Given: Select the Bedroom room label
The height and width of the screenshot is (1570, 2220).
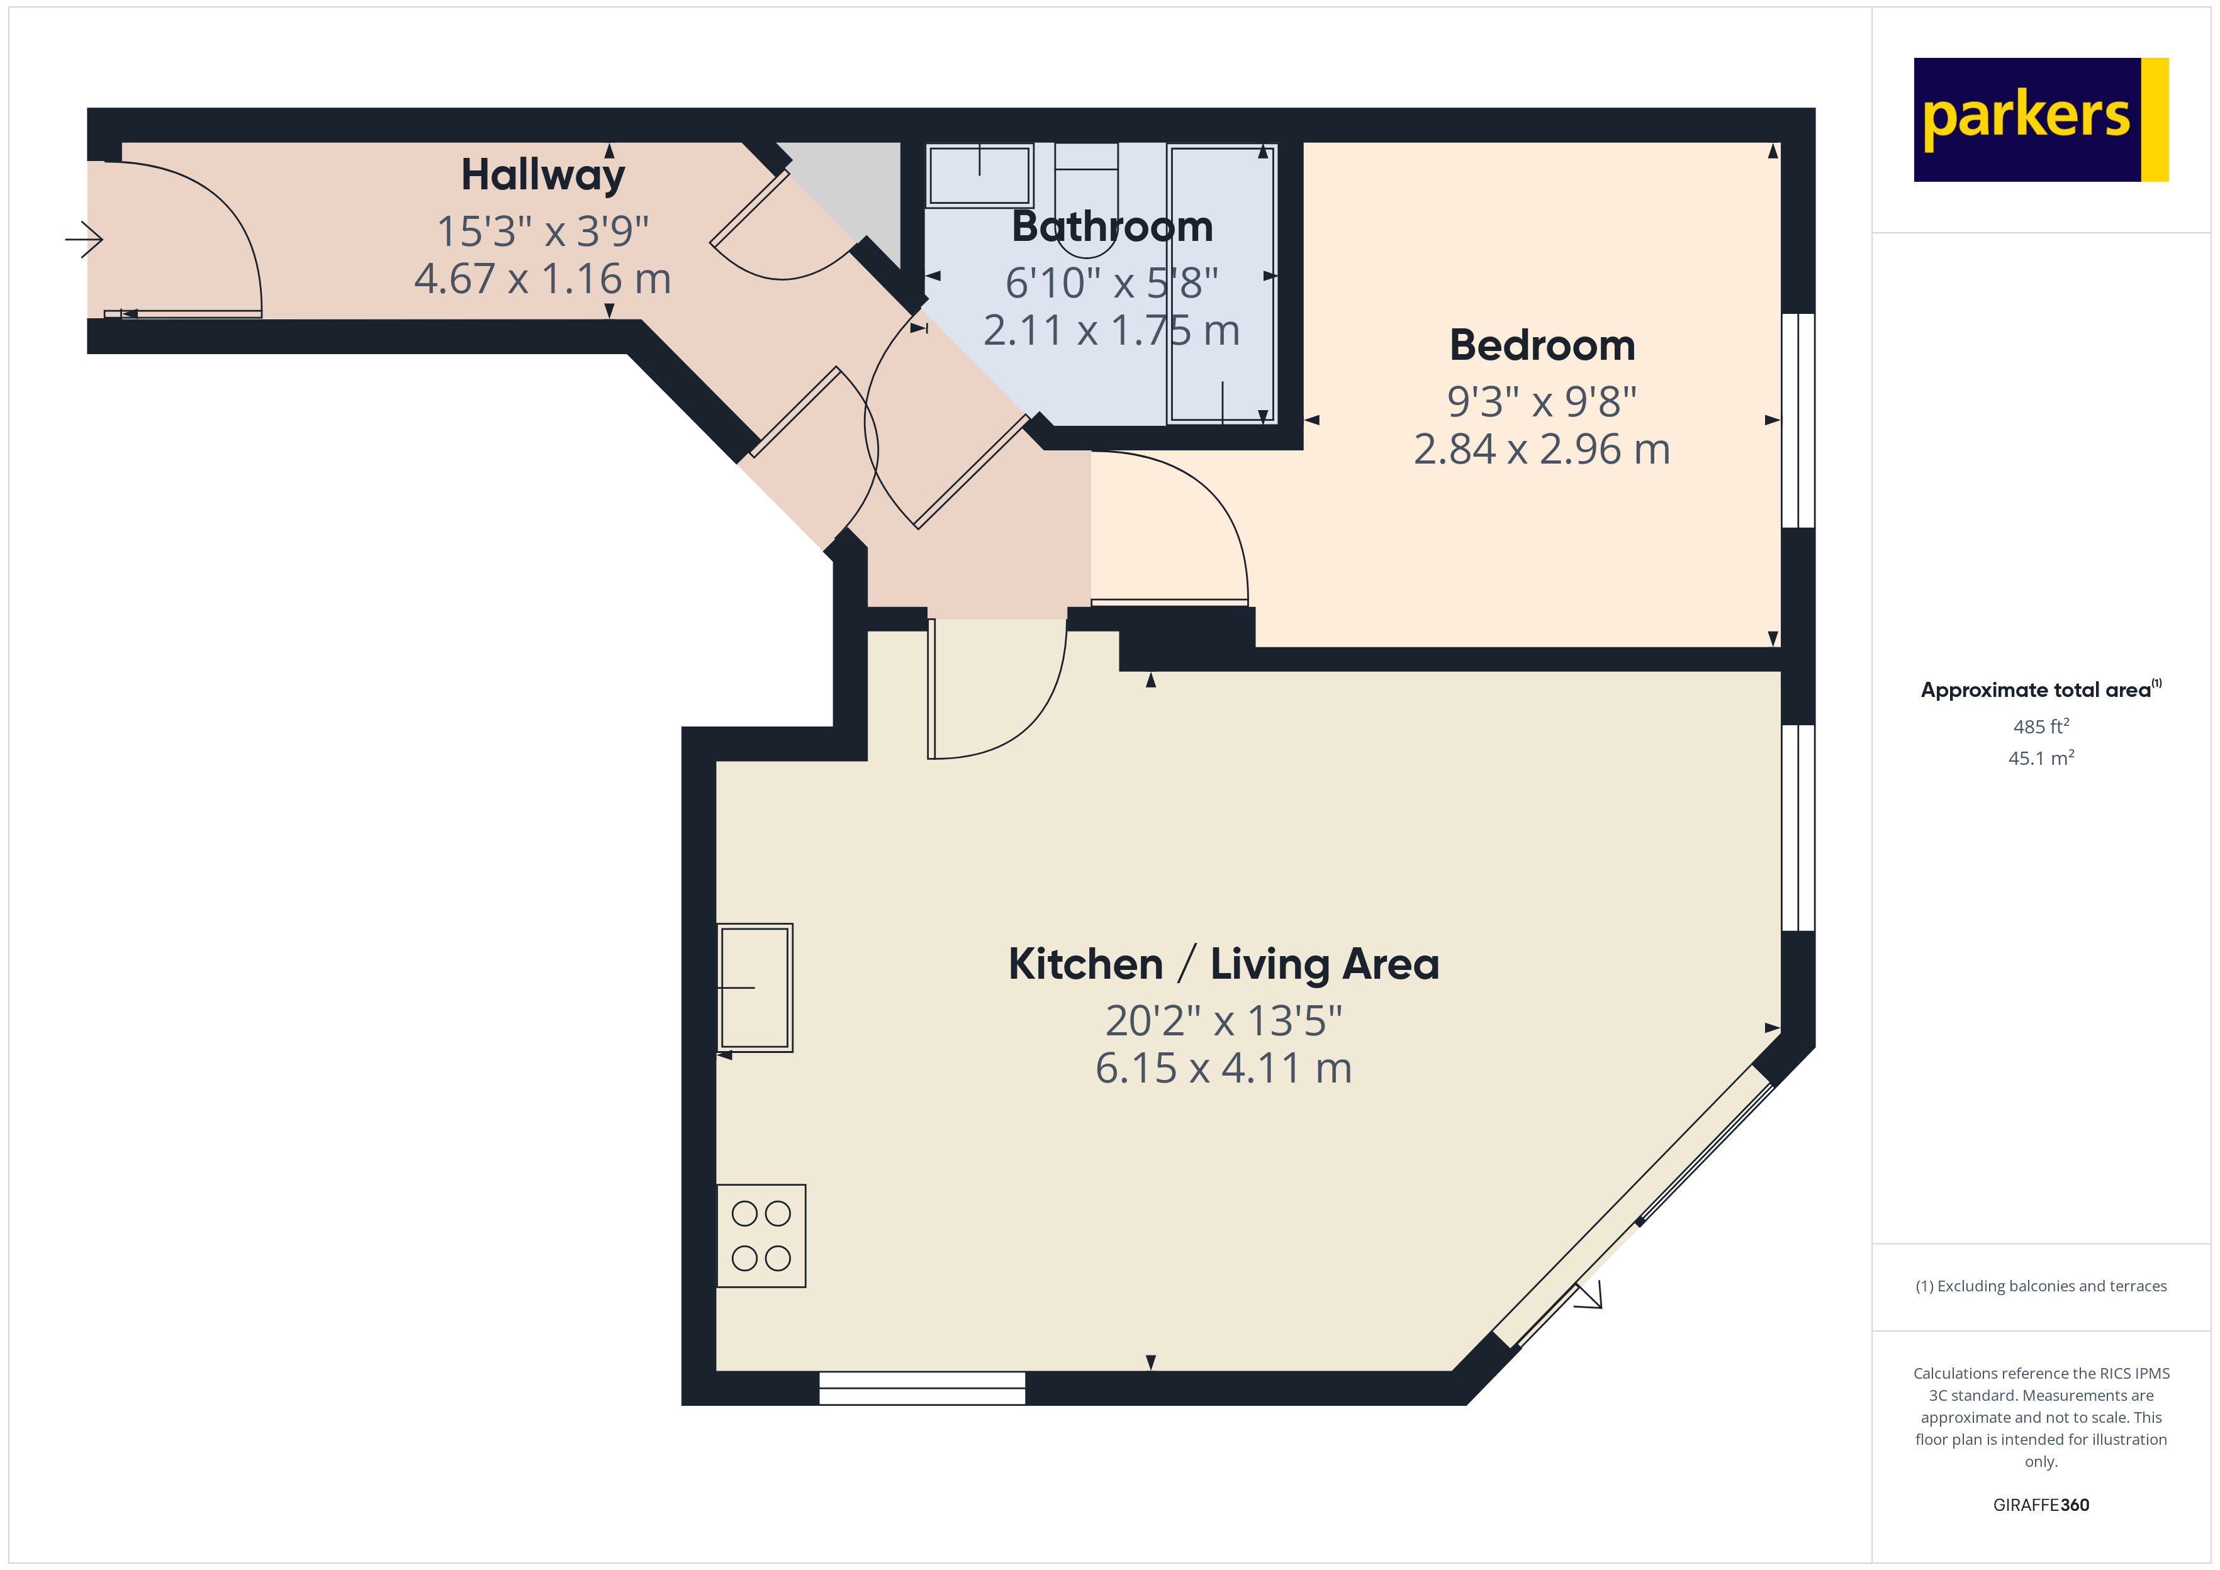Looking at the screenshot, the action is pos(1542,345).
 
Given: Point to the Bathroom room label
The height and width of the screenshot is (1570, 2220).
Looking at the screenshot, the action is pos(1112,226).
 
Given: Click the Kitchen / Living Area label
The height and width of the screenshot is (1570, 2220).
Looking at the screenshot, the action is pos(1223,964).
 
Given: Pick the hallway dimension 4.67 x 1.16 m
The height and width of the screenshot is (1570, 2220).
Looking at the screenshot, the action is pos(542,279).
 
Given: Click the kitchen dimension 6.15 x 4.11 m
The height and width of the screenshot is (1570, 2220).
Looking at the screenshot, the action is pos(1223,1068).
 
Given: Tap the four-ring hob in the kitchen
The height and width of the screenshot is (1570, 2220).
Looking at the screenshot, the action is pos(761,1235).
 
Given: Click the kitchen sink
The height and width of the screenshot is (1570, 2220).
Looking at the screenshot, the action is pos(755,987).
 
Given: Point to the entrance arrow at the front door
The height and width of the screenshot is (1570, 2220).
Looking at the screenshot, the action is pos(84,239).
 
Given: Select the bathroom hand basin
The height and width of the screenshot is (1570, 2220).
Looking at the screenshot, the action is pos(980,175).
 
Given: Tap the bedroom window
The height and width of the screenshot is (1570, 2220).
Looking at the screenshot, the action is pos(1798,421).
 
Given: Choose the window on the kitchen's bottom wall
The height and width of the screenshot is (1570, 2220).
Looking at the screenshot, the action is pos(922,1388).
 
